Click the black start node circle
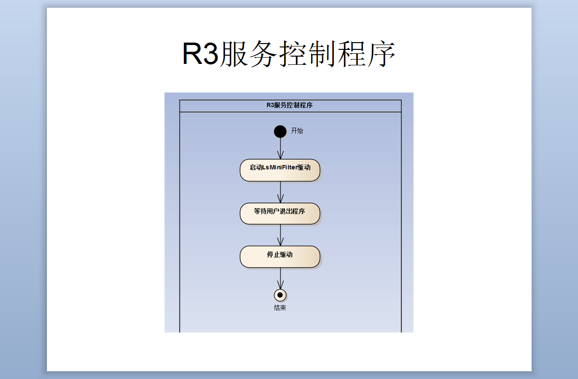[x=280, y=131]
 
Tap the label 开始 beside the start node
[x=297, y=131]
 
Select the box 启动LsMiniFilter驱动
[x=280, y=170]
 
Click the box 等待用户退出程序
[x=280, y=213]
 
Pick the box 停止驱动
[x=280, y=257]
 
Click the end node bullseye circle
[x=280, y=295]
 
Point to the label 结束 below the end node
[x=280, y=308]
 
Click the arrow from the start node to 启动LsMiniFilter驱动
[x=281, y=148]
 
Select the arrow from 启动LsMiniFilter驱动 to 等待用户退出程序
[x=281, y=192]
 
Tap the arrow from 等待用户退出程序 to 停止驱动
[x=281, y=235]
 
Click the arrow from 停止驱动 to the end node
[x=281, y=278]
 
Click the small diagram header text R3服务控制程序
[x=290, y=105]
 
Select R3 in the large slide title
[x=201, y=54]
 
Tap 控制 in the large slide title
[x=307, y=54]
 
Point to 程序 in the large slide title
[x=366, y=54]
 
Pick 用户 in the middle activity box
[x=273, y=211]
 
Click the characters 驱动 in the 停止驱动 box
[x=286, y=255]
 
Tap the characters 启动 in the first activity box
[x=255, y=167]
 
